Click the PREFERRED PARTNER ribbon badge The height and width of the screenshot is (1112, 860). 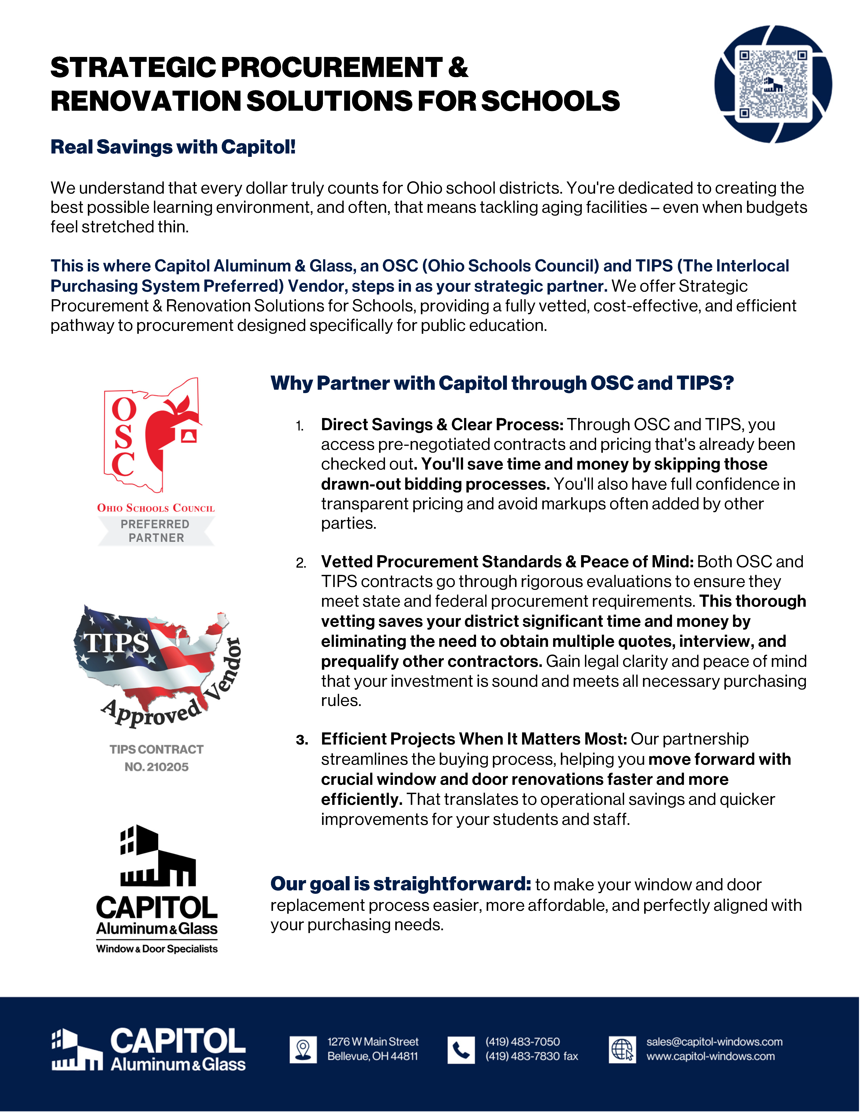[x=156, y=531]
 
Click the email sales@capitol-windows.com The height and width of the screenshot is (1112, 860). [x=714, y=1042]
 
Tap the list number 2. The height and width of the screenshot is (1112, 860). [x=301, y=563]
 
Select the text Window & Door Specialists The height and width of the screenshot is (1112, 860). [x=157, y=949]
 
